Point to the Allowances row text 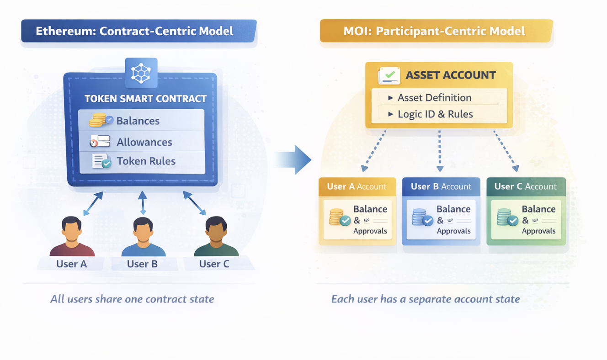pyautogui.click(x=144, y=142)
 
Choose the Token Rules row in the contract pyautogui.click(x=146, y=161)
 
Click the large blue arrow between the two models pyautogui.click(x=295, y=160)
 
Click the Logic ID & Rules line pyautogui.click(x=435, y=114)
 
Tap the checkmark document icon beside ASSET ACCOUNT pyautogui.click(x=389, y=75)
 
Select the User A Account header pyautogui.click(x=357, y=186)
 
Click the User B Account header pyautogui.click(x=441, y=186)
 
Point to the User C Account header pyautogui.click(x=526, y=186)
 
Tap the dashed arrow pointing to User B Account pyautogui.click(x=440, y=151)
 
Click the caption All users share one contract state pyautogui.click(x=132, y=299)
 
